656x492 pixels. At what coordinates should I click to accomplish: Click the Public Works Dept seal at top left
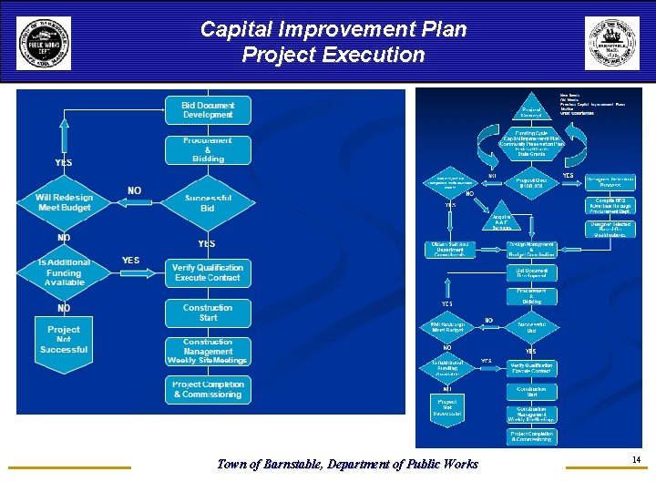pyautogui.click(x=43, y=43)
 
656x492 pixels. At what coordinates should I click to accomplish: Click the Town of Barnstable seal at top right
pyautogui.click(x=611, y=43)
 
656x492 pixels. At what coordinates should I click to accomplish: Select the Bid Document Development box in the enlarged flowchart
pyautogui.click(x=208, y=110)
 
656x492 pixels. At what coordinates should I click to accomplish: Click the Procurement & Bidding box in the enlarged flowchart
pyautogui.click(x=208, y=150)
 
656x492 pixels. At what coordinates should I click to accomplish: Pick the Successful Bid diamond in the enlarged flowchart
pyautogui.click(x=208, y=203)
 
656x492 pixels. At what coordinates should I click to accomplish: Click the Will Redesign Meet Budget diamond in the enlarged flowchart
pyautogui.click(x=65, y=203)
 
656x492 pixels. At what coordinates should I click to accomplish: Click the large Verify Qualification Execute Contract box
pyautogui.click(x=208, y=272)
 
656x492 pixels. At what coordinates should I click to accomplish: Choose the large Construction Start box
pyautogui.click(x=208, y=313)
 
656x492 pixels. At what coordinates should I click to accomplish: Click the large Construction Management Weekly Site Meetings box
pyautogui.click(x=208, y=352)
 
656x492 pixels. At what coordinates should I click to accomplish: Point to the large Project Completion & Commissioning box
pyautogui.click(x=208, y=390)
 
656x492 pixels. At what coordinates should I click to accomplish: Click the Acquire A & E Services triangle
pyautogui.click(x=501, y=220)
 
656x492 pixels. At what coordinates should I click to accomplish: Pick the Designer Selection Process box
pyautogui.click(x=610, y=181)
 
